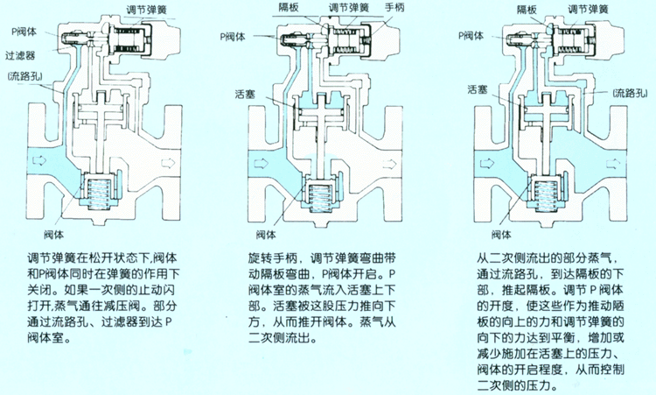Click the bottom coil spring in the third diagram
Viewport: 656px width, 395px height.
[548, 193]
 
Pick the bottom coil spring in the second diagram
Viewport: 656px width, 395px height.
[318, 192]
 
